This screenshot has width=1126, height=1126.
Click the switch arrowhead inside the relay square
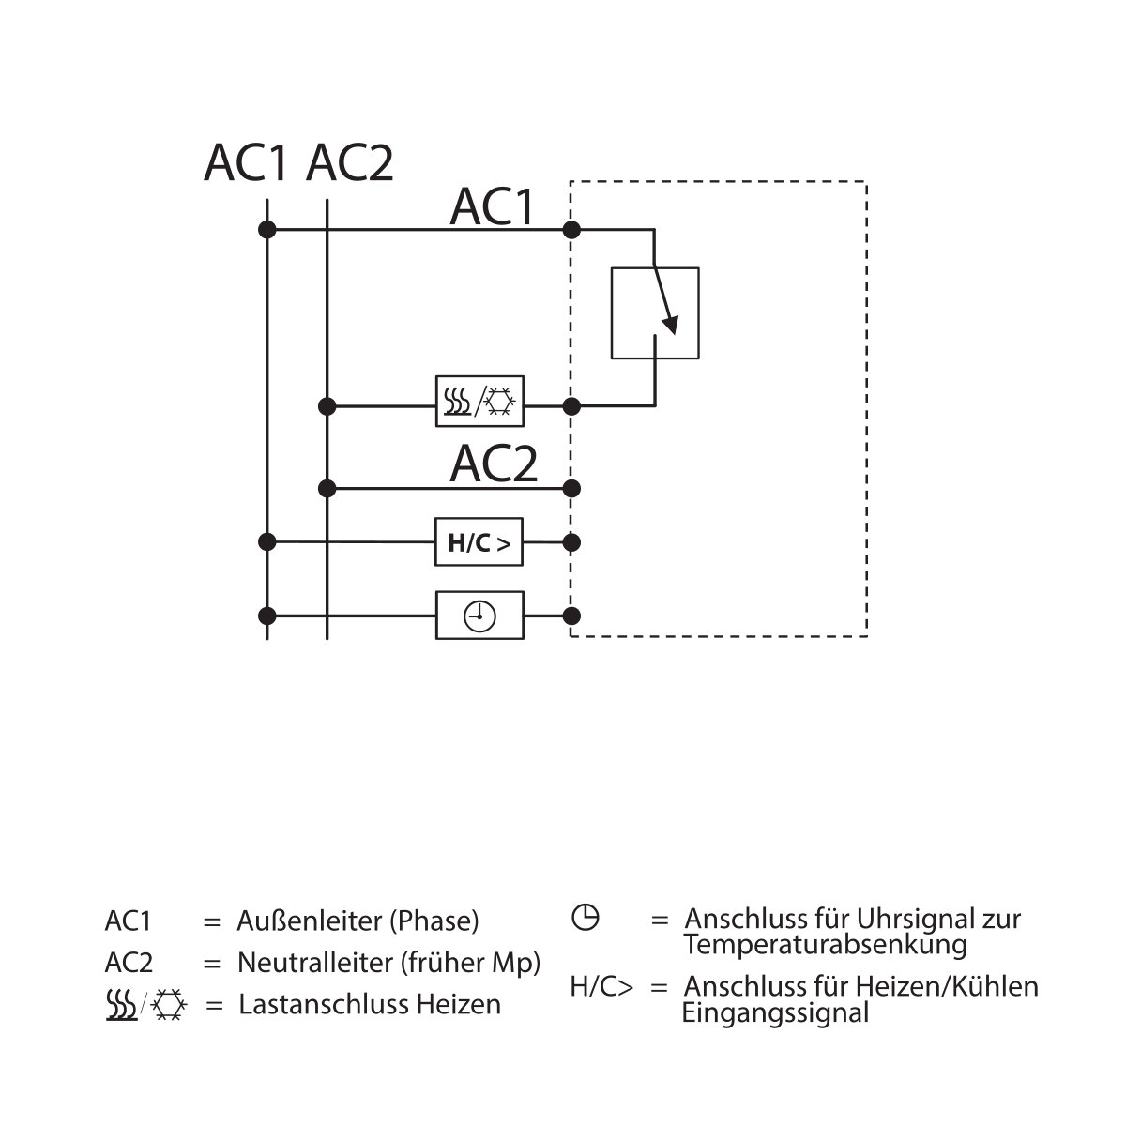pos(671,325)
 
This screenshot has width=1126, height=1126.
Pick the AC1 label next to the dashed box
pos(492,206)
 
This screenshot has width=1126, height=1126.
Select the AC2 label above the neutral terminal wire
pos(494,464)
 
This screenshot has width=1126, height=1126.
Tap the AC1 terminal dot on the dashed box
pos(571,230)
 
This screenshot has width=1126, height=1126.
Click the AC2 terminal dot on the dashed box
pos(571,488)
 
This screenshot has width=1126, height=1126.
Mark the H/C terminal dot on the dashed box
pos(571,542)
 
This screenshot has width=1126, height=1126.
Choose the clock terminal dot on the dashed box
pos(571,616)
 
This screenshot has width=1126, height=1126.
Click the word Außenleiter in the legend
pos(309,921)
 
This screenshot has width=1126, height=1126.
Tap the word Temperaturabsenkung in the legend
pos(826,944)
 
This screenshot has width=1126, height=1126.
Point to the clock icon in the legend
pos(585,917)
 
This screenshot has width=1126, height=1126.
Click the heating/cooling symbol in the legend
pos(146,1005)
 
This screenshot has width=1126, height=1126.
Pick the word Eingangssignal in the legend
pos(775,1012)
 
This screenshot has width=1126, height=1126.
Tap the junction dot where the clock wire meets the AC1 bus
pos(267,616)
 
